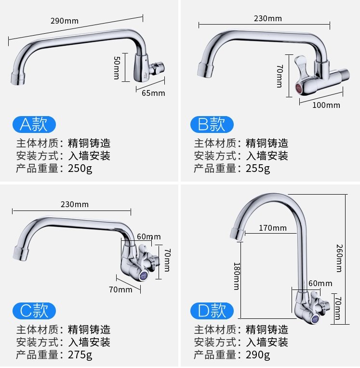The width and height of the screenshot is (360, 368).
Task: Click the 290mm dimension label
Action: [64, 21]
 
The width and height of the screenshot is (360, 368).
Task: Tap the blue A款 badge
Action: [34, 125]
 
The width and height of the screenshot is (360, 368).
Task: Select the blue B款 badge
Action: [212, 125]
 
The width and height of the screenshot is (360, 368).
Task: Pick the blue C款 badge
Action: [34, 311]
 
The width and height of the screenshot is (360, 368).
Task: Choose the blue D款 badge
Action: [212, 311]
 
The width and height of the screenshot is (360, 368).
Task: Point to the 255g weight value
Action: [258, 169]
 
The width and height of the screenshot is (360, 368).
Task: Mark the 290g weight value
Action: [258, 355]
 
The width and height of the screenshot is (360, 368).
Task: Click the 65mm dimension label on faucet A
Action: [153, 93]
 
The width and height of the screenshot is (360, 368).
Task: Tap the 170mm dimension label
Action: [272, 228]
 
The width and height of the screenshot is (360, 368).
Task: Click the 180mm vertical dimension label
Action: [236, 276]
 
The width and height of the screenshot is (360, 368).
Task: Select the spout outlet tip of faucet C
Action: [19, 254]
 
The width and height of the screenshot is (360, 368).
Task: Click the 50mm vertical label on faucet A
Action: [117, 67]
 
